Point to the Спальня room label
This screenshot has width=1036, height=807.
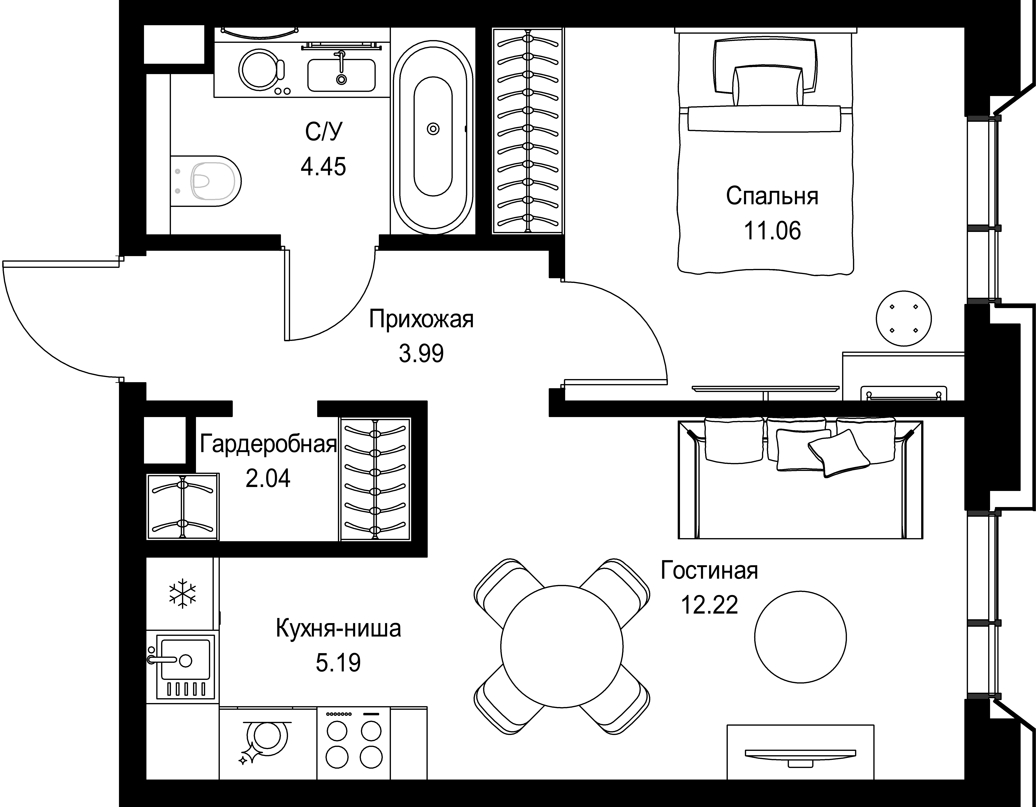pyautogui.click(x=772, y=196)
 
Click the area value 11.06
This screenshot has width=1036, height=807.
pyautogui.click(x=772, y=231)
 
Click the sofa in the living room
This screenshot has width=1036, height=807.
pyautogui.click(x=800, y=479)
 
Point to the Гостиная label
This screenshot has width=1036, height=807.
pyautogui.click(x=709, y=571)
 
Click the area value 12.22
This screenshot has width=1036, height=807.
pyautogui.click(x=709, y=605)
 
